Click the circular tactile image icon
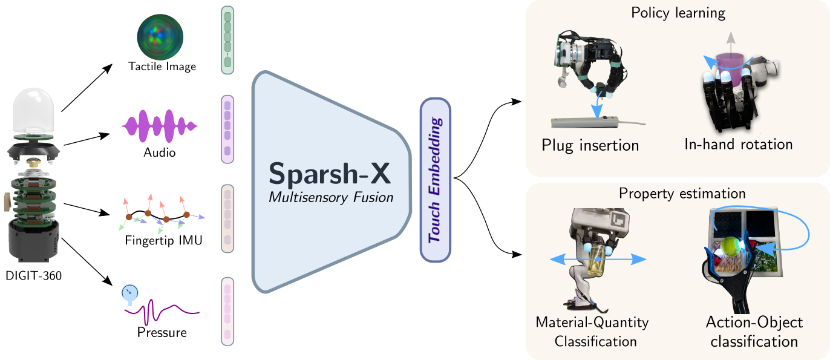pyautogui.click(x=160, y=37)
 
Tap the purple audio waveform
pyautogui.click(x=159, y=126)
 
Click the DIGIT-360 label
pyautogui.click(x=34, y=275)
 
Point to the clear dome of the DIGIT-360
pyautogui.click(x=33, y=111)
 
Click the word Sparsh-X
pyautogui.click(x=330, y=174)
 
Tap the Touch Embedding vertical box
pyautogui.click(x=436, y=180)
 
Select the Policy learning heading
pyautogui.click(x=678, y=13)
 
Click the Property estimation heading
pyautogui.click(x=682, y=194)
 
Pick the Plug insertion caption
pyautogui.click(x=590, y=145)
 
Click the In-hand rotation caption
pyautogui.click(x=739, y=144)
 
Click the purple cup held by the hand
pyautogui.click(x=730, y=68)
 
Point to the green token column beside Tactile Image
pyautogui.click(x=227, y=40)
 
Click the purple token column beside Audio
pyautogui.click(x=227, y=129)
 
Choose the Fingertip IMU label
pyautogui.click(x=163, y=240)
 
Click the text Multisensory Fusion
pyautogui.click(x=331, y=197)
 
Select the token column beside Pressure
pyautogui.click(x=227, y=312)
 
